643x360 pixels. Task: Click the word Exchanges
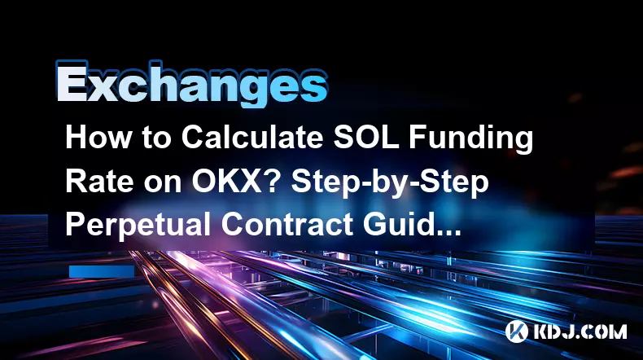pyautogui.click(x=191, y=85)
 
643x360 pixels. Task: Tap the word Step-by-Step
pyautogui.click(x=390, y=182)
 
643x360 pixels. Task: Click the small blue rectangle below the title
pyautogui.click(x=102, y=271)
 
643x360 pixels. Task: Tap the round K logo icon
pyautogui.click(x=517, y=331)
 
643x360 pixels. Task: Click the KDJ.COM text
pyautogui.click(x=580, y=331)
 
